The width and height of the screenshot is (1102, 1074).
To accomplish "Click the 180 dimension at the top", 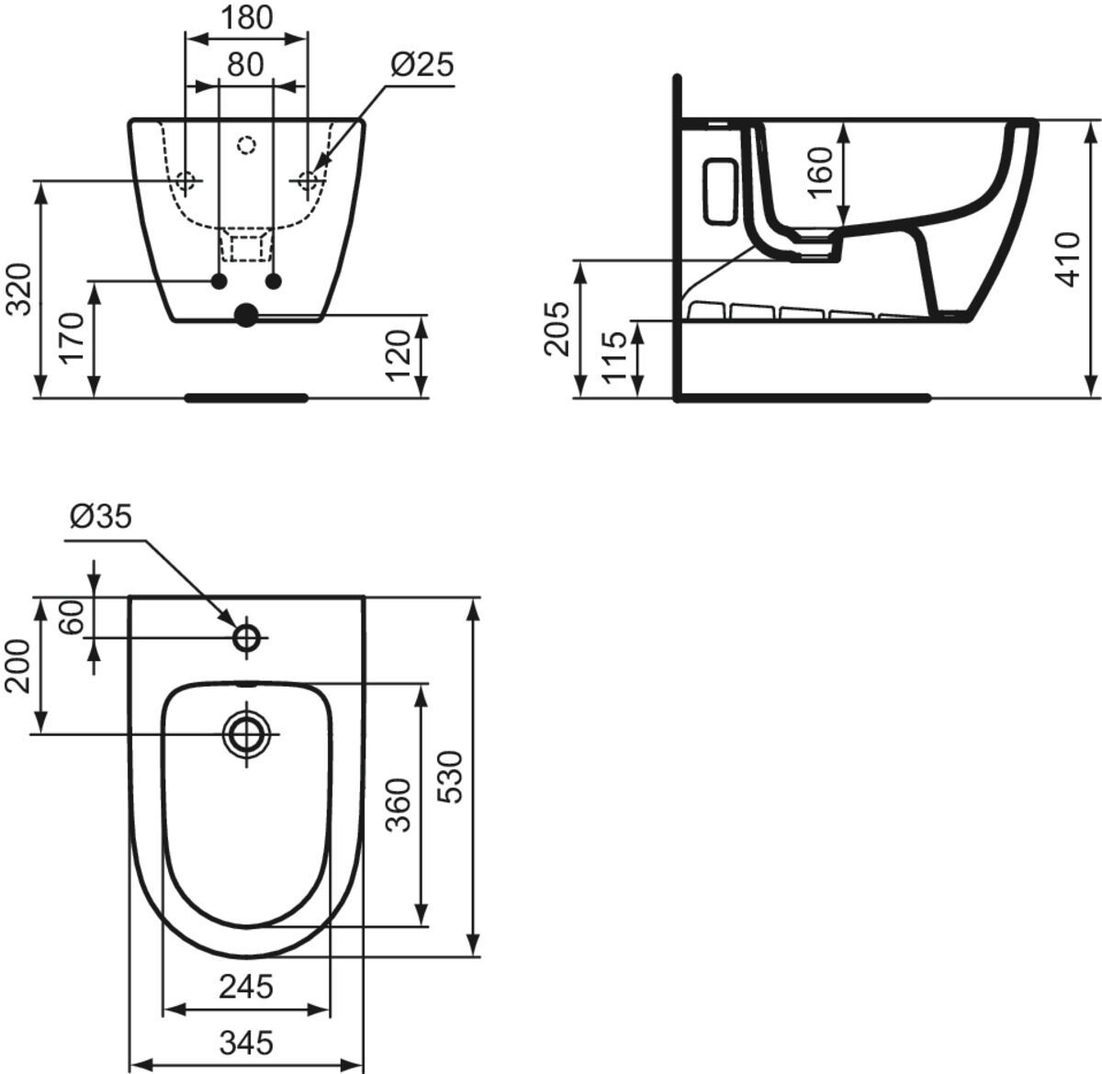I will point(246,17).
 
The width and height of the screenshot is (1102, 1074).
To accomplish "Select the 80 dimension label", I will point(245,64).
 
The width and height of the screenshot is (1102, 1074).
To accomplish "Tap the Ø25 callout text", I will point(422,64).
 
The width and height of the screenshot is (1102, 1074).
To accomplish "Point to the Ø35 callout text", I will point(101,517).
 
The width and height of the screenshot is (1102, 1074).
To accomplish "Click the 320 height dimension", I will point(19,288).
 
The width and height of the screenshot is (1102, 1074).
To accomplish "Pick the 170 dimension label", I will point(74,338).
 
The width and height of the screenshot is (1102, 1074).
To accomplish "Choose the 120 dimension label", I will point(397,356).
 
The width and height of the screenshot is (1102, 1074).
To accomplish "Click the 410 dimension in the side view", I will point(1068,259).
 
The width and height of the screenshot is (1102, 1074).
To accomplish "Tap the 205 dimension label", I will point(557,329).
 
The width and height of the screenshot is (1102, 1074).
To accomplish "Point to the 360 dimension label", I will point(398,804).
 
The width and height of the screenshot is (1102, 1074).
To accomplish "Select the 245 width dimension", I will point(246,986).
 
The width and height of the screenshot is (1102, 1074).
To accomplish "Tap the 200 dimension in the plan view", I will point(19,666).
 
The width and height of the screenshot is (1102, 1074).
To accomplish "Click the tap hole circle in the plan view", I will point(247,637).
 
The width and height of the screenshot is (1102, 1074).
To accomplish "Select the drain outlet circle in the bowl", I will point(246,733).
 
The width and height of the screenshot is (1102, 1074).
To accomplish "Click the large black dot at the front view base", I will point(246,316).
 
